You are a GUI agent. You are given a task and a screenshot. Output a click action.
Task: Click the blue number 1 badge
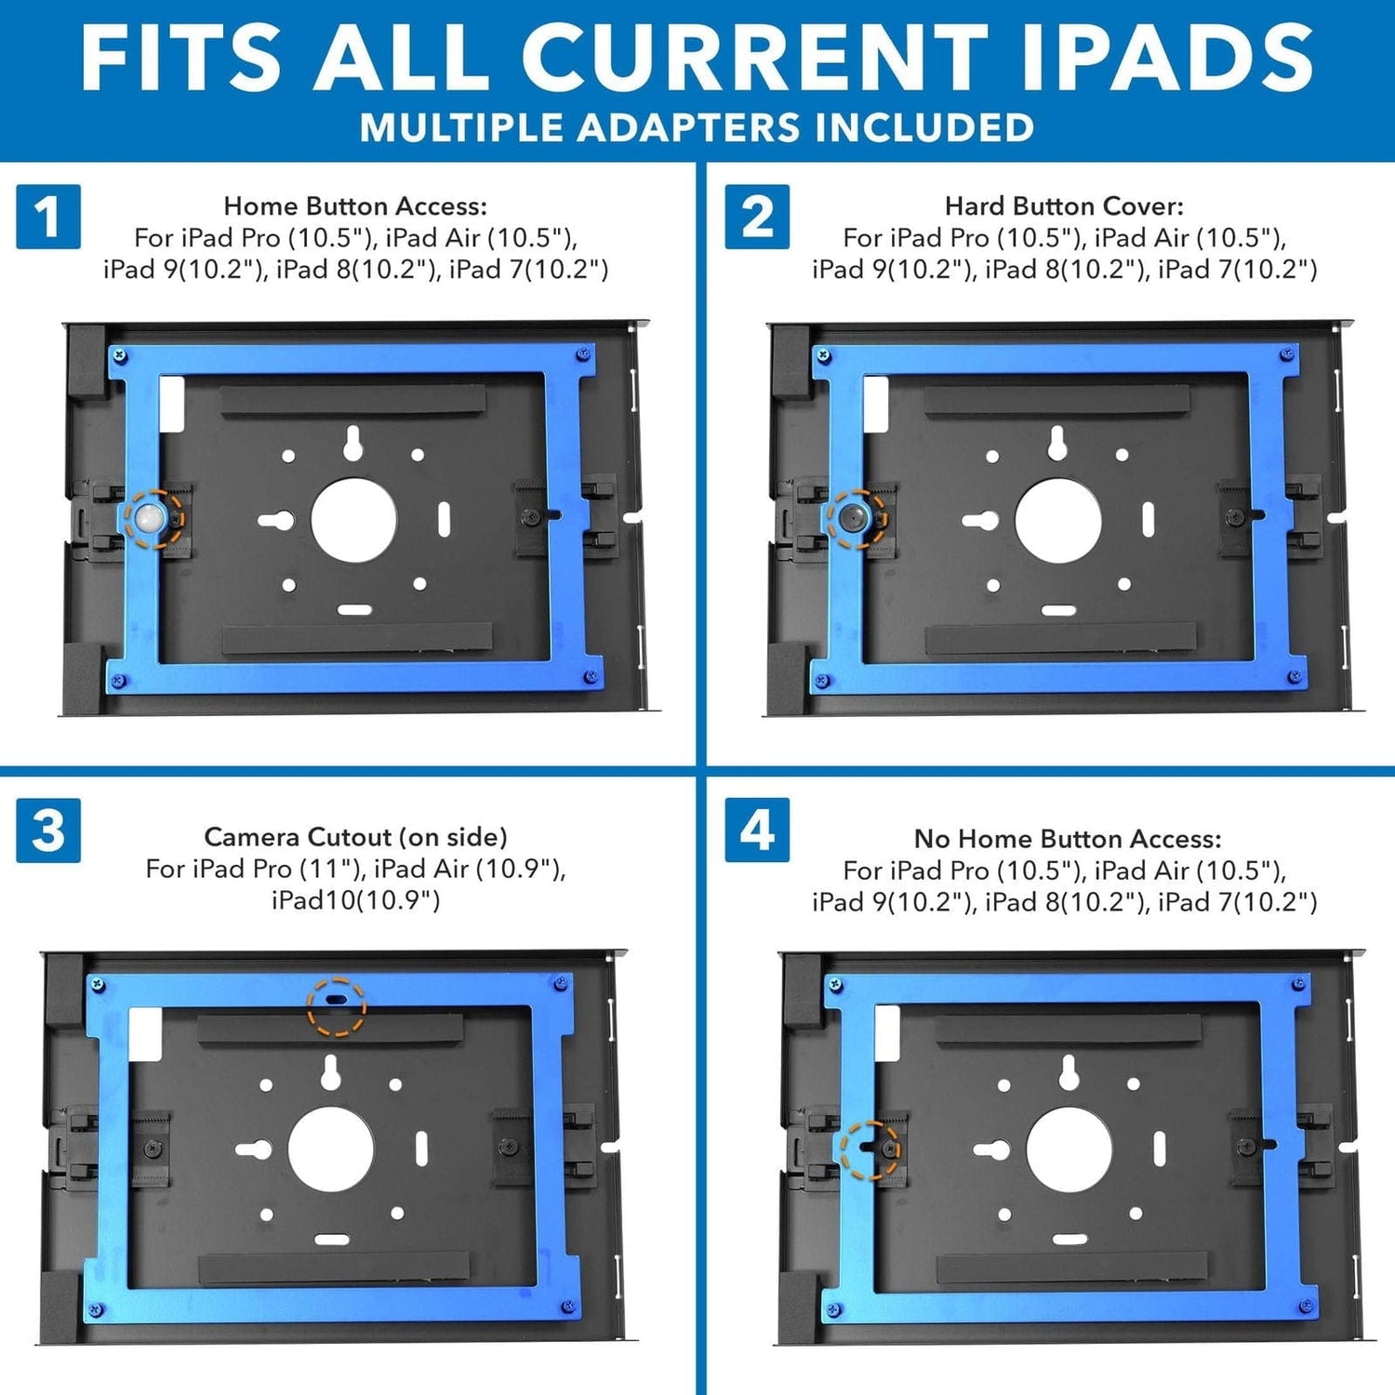point(48,217)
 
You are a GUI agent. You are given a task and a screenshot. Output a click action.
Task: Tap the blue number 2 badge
point(757,217)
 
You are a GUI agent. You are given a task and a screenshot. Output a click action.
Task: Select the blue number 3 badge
point(48,830)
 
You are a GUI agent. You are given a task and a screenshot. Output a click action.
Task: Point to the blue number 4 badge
point(757,830)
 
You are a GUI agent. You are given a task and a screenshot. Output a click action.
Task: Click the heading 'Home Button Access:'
point(355,206)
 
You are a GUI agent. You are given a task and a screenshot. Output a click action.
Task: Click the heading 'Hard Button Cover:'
point(1064,206)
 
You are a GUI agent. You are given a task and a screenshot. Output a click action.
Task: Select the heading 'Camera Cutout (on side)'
point(355,837)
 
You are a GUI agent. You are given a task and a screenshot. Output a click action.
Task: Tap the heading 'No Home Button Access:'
point(1067,839)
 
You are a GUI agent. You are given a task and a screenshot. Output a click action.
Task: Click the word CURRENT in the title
point(754,58)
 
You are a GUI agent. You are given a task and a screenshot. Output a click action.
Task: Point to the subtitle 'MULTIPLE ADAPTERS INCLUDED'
point(697,128)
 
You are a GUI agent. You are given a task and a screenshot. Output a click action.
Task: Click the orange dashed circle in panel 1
point(153,518)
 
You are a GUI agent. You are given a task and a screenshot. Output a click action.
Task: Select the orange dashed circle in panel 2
point(857,518)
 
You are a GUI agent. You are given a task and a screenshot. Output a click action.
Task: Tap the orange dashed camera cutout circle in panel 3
point(337,1006)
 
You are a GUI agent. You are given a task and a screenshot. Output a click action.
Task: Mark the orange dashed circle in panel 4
point(870,1150)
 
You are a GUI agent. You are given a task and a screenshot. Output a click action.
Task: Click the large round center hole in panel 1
point(353,521)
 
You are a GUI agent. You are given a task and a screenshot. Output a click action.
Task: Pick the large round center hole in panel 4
point(1069,1150)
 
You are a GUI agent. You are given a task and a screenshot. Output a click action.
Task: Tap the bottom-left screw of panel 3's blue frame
point(94,1309)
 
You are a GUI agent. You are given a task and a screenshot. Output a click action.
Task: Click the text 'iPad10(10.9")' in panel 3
point(355,900)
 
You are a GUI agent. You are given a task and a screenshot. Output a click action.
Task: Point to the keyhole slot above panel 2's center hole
point(1056,444)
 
